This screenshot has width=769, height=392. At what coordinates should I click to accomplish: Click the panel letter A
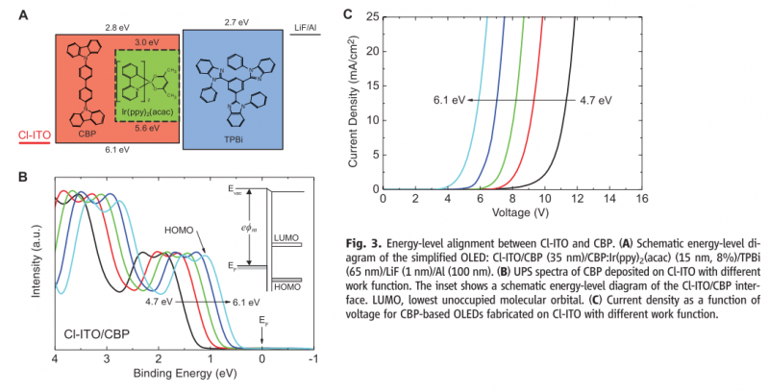21,13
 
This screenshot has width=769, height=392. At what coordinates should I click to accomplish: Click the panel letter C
348,13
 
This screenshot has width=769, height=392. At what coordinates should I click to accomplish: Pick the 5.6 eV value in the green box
147,128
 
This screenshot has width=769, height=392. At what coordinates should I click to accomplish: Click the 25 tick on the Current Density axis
371,14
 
